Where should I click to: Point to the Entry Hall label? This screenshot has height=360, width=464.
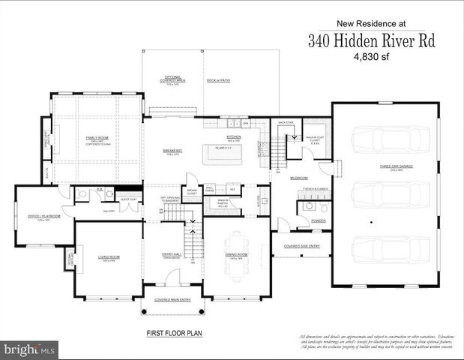[x=173, y=256]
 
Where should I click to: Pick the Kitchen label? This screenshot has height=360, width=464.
[x=234, y=137]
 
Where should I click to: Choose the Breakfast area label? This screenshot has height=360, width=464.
[x=173, y=151]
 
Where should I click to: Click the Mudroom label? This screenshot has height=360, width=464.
[x=300, y=178]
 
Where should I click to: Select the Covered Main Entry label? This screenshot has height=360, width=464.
[x=173, y=299]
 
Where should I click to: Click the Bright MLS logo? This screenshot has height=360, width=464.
[x=30, y=349]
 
